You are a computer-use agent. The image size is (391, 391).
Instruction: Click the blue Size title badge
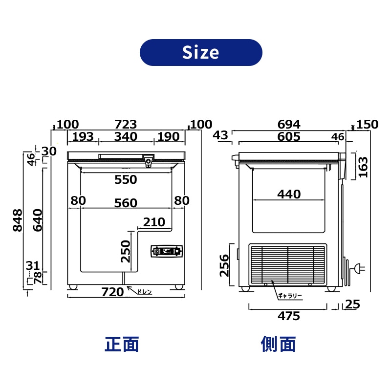click(x=201, y=52)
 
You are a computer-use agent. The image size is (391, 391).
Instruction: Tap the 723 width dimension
click(x=126, y=124)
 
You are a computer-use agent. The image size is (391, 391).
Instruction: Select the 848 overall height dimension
click(x=18, y=220)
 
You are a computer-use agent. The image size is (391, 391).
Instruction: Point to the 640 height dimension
click(x=38, y=220)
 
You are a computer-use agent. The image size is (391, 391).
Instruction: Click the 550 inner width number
click(x=126, y=179)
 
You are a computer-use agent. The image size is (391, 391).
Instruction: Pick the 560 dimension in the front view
click(x=126, y=203)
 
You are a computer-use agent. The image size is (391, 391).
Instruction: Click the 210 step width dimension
click(x=154, y=222)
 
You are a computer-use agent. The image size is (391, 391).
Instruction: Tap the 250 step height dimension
click(x=126, y=251)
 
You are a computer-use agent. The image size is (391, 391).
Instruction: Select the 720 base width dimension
click(x=112, y=292)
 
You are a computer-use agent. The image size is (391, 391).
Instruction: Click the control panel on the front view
click(x=167, y=251)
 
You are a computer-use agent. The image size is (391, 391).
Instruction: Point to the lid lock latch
click(x=149, y=160)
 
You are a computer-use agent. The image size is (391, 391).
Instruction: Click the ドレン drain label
click(x=144, y=291)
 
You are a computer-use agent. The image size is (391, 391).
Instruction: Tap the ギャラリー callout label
click(x=290, y=296)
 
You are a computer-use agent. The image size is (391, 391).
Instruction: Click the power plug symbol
click(x=360, y=268)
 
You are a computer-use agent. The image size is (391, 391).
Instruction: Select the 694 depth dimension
click(x=289, y=124)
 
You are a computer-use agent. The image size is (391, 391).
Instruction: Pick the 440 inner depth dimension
click(x=289, y=194)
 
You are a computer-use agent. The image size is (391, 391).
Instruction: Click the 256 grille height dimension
click(x=224, y=265)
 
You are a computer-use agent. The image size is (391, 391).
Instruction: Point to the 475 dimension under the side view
click(x=289, y=316)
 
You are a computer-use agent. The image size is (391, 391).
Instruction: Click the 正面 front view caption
click(x=122, y=344)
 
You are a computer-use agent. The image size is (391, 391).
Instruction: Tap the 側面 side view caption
click(x=278, y=344)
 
